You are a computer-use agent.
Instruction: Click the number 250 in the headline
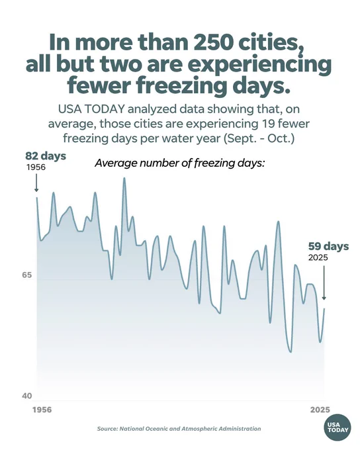click(213, 42)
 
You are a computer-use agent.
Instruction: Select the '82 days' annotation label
click(46, 156)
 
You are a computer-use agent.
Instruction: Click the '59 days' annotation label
click(329, 246)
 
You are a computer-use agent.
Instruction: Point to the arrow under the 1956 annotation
click(36, 183)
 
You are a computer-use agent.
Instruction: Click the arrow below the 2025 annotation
click(324, 283)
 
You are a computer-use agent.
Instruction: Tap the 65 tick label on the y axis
click(27, 275)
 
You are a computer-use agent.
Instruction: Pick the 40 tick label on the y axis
click(27, 396)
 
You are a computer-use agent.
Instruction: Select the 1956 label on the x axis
click(42, 410)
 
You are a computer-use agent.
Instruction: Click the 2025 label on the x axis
click(320, 410)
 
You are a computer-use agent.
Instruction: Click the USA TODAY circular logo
click(338, 427)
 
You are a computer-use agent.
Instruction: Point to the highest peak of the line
click(124, 178)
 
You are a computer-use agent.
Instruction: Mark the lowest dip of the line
click(291, 352)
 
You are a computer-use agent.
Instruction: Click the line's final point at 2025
click(324, 308)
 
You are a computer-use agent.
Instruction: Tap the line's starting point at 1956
click(36, 197)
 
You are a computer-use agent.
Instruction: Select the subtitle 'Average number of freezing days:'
click(180, 163)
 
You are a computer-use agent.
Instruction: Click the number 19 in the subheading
click(268, 124)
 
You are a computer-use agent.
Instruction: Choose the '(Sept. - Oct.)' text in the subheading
click(259, 138)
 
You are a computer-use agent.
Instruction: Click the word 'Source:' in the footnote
click(107, 429)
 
